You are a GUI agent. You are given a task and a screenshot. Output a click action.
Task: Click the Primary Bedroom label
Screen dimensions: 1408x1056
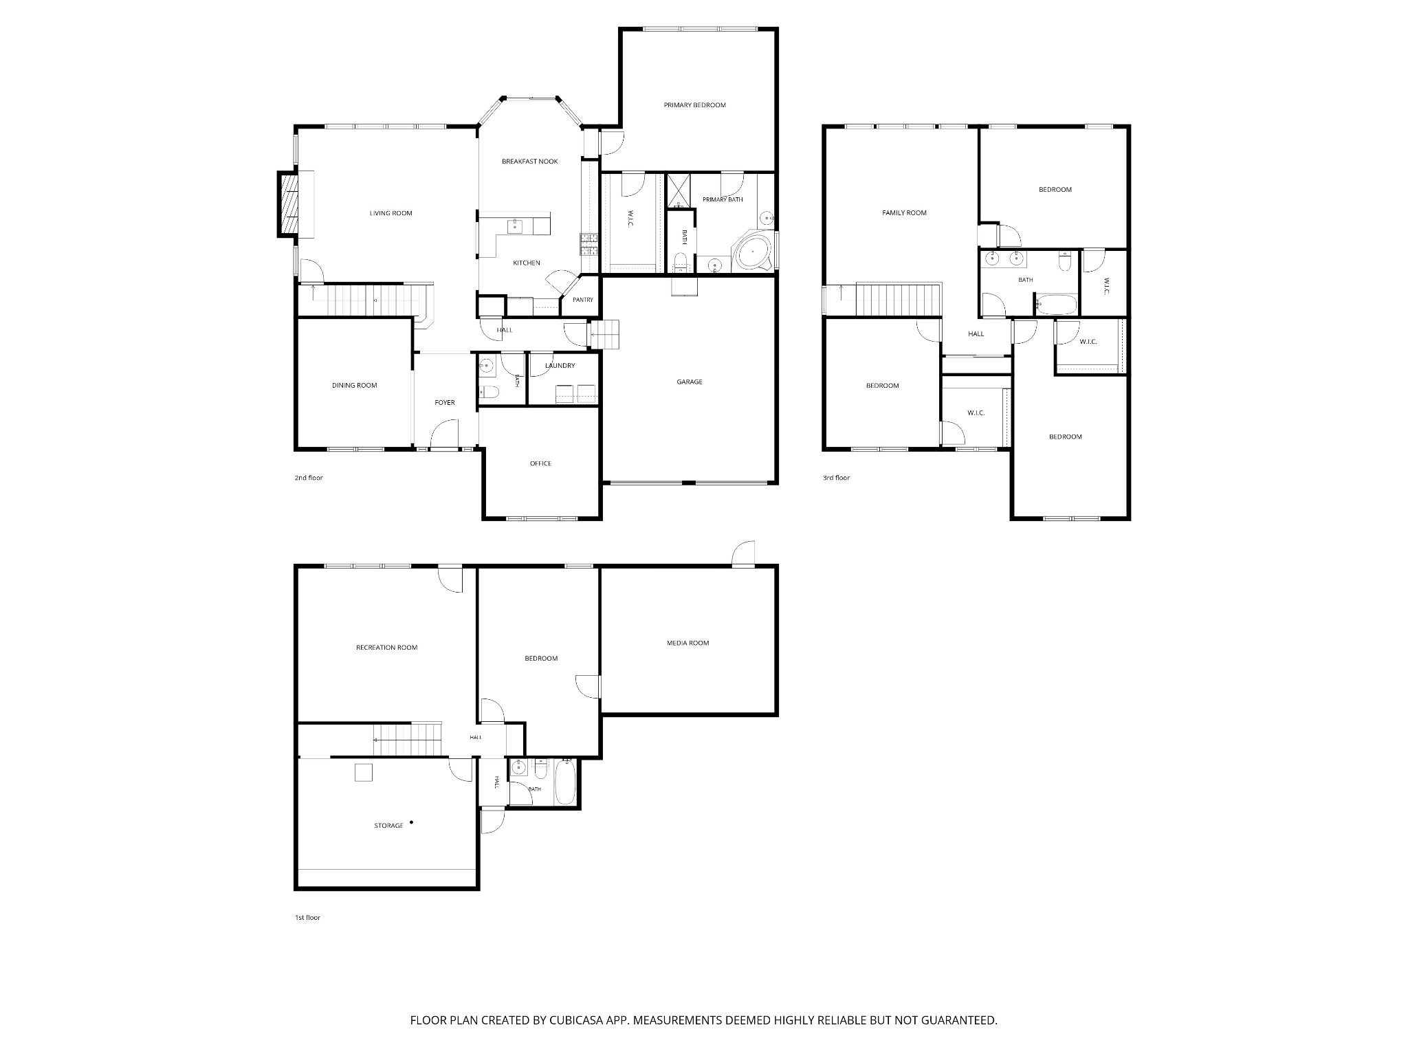point(694,105)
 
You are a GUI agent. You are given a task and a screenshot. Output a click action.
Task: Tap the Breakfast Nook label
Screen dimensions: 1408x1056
point(529,162)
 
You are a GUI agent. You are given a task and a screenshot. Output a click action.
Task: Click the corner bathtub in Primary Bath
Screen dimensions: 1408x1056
point(753,254)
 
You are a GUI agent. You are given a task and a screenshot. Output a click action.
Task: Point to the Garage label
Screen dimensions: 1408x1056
point(690,382)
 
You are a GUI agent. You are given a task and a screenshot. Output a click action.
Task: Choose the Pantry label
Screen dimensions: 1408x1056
point(582,300)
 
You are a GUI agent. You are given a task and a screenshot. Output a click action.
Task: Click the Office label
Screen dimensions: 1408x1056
point(540,463)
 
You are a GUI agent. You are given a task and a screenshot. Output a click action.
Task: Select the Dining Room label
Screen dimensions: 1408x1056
point(355,386)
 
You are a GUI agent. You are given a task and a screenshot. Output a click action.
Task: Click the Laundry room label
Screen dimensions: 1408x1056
point(560,366)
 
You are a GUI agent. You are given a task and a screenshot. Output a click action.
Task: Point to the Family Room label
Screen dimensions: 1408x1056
point(904,213)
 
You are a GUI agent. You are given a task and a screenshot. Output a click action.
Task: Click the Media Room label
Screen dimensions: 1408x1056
point(687,643)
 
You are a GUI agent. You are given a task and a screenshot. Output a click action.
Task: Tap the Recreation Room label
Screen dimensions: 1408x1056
point(386,648)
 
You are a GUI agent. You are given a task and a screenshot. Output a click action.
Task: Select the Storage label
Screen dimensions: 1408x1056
point(388,826)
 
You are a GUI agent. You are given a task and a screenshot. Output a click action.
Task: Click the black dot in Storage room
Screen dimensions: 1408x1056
point(412,822)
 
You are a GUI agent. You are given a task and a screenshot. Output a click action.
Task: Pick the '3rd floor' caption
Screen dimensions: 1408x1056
point(836,478)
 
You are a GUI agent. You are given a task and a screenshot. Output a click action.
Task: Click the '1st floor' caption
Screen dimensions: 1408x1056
point(307,918)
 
